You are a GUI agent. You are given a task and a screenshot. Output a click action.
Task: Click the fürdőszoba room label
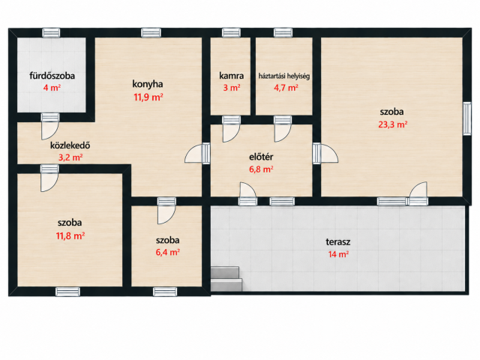52,76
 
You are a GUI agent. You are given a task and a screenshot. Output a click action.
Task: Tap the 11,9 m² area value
148,97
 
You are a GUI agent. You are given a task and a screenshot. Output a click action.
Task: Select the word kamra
232,76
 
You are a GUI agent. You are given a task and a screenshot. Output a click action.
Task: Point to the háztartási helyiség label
284,76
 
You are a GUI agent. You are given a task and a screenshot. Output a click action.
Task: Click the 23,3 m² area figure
393,124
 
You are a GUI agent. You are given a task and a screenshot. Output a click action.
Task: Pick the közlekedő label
70,145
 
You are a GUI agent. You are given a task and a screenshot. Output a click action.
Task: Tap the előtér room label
261,157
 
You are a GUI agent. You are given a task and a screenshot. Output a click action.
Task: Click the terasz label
338,241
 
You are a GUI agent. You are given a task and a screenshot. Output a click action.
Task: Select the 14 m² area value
338,254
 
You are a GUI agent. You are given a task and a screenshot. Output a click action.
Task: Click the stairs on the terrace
226,278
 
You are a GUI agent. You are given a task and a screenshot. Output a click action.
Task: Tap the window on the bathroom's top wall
51,33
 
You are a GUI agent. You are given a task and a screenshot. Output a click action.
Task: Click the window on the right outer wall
466,118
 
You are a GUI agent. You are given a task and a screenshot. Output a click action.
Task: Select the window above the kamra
231,33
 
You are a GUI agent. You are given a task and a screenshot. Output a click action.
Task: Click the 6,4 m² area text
167,252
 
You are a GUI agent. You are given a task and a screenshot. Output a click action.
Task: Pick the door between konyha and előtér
197,153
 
